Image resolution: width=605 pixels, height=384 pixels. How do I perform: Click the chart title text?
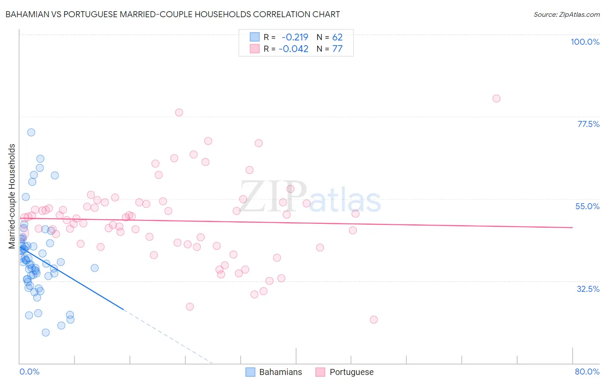coord(172,15)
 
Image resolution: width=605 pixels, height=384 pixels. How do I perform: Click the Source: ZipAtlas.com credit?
coord(566,15)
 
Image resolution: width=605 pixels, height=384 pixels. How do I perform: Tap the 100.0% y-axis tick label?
coord(585,42)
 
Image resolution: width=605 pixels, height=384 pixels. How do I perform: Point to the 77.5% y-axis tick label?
coord(588,124)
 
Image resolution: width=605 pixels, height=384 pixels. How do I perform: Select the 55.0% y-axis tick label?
coord(587,206)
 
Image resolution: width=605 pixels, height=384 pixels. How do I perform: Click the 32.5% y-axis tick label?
coord(588,289)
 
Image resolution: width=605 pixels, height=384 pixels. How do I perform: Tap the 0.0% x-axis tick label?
coord(29,372)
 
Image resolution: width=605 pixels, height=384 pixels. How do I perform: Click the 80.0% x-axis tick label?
coord(587,372)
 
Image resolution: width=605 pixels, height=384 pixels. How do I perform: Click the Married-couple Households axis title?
coord(12,196)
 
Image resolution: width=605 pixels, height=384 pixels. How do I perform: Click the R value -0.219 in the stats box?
coord(295,37)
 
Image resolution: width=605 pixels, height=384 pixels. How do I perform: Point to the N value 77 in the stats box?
coord(337,49)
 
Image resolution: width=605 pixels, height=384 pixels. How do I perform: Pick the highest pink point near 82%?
coord(496,99)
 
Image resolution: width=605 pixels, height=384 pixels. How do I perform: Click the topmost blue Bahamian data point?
coord(31,132)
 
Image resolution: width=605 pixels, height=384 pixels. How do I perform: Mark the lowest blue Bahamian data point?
coord(46,332)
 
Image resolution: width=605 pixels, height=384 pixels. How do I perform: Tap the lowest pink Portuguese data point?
coord(373,319)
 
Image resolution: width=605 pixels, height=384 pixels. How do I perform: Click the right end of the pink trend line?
coord(572,227)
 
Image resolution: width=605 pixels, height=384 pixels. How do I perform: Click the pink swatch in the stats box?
coord(255,49)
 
